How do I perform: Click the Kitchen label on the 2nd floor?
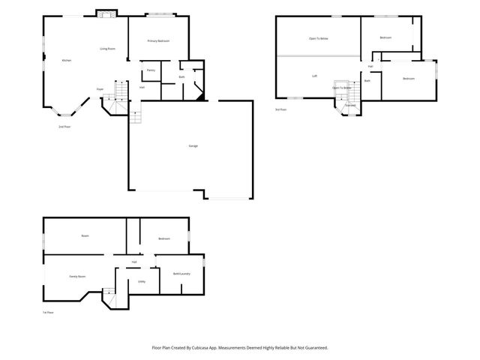pos(66,60)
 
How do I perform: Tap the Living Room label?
pos(108,49)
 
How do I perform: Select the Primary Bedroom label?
pos(156,40)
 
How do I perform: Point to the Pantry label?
pos(151,70)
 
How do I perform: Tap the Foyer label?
pos(99,89)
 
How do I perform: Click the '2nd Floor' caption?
pos(64,127)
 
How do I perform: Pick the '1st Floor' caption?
pos(49,313)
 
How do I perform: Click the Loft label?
pos(315,76)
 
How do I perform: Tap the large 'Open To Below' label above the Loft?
pos(319,38)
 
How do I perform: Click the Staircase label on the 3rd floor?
pos(349,106)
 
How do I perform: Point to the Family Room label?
pos(77,277)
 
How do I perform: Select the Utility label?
pos(141,281)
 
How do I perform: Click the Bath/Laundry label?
pos(181,274)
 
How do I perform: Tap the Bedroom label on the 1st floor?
pos(164,238)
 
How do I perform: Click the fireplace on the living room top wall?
pos(106,13)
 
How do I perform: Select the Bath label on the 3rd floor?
pos(367,80)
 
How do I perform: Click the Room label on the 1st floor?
pos(85,236)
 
